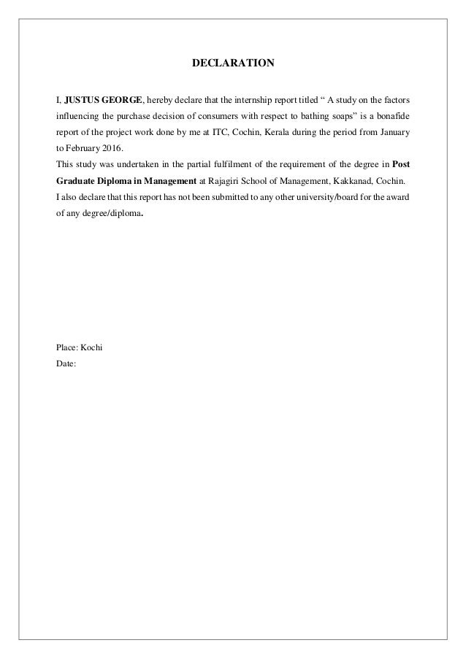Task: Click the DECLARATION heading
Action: (233, 63)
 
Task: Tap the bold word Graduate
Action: (77, 180)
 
